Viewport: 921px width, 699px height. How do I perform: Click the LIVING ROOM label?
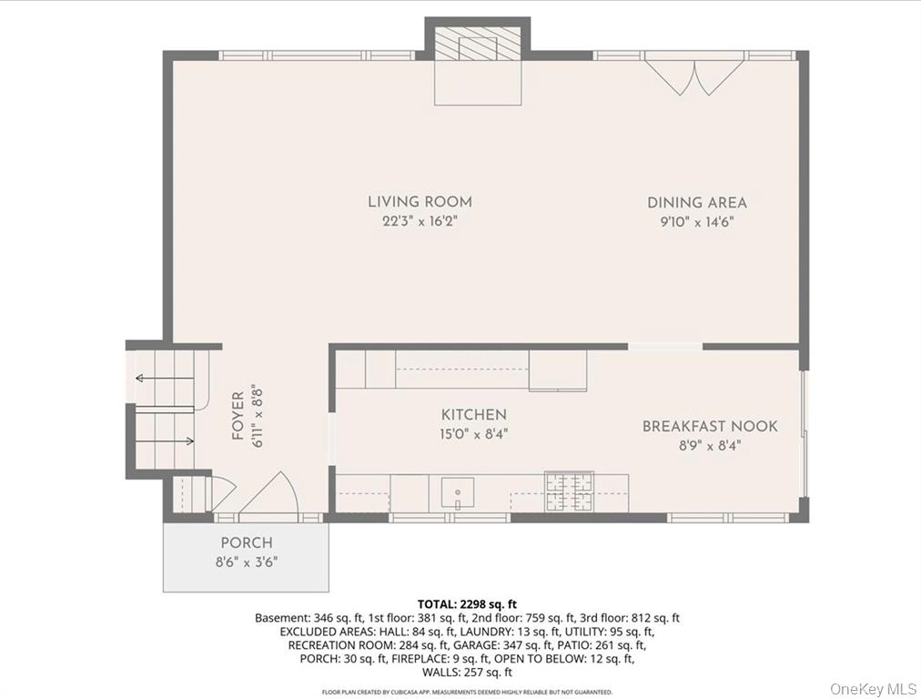[x=420, y=202]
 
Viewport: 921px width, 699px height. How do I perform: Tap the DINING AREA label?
[x=696, y=203]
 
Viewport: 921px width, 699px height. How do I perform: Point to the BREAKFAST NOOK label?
[x=710, y=426]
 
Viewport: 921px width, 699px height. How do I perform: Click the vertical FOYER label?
[x=238, y=416]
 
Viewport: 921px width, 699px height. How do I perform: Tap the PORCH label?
[x=246, y=543]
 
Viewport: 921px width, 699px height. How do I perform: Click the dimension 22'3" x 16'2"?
[x=420, y=221]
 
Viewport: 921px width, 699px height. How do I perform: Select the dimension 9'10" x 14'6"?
[x=696, y=221]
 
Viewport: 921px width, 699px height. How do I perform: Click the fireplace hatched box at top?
[x=477, y=45]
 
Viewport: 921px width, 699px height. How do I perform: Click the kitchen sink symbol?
[x=457, y=492]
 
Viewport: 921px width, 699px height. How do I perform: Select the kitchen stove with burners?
[x=569, y=491]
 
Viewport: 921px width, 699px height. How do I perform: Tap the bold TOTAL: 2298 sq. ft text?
[x=467, y=603]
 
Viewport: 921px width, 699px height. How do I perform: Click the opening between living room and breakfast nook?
[x=665, y=346]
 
